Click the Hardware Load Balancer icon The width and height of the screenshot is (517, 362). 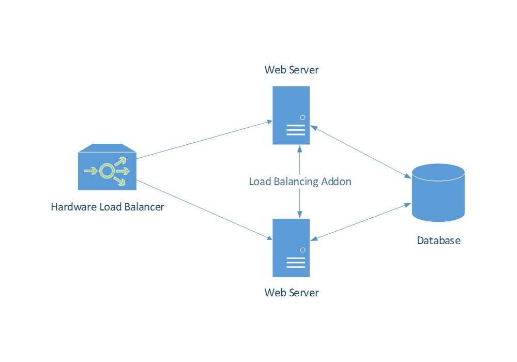107,168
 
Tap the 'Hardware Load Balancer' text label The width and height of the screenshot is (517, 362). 108,207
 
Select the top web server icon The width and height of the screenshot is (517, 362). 292,115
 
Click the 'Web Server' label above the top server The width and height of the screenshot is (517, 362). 292,70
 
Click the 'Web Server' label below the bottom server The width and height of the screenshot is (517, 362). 292,293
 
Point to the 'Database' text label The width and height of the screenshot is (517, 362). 438,240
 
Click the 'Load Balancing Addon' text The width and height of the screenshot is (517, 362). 300,182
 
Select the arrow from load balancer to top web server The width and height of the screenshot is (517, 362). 204,140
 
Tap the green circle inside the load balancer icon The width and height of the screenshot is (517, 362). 107,171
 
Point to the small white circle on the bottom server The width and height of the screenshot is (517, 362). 302,250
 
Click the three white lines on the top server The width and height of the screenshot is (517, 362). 295,130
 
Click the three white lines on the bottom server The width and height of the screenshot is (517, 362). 295,262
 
